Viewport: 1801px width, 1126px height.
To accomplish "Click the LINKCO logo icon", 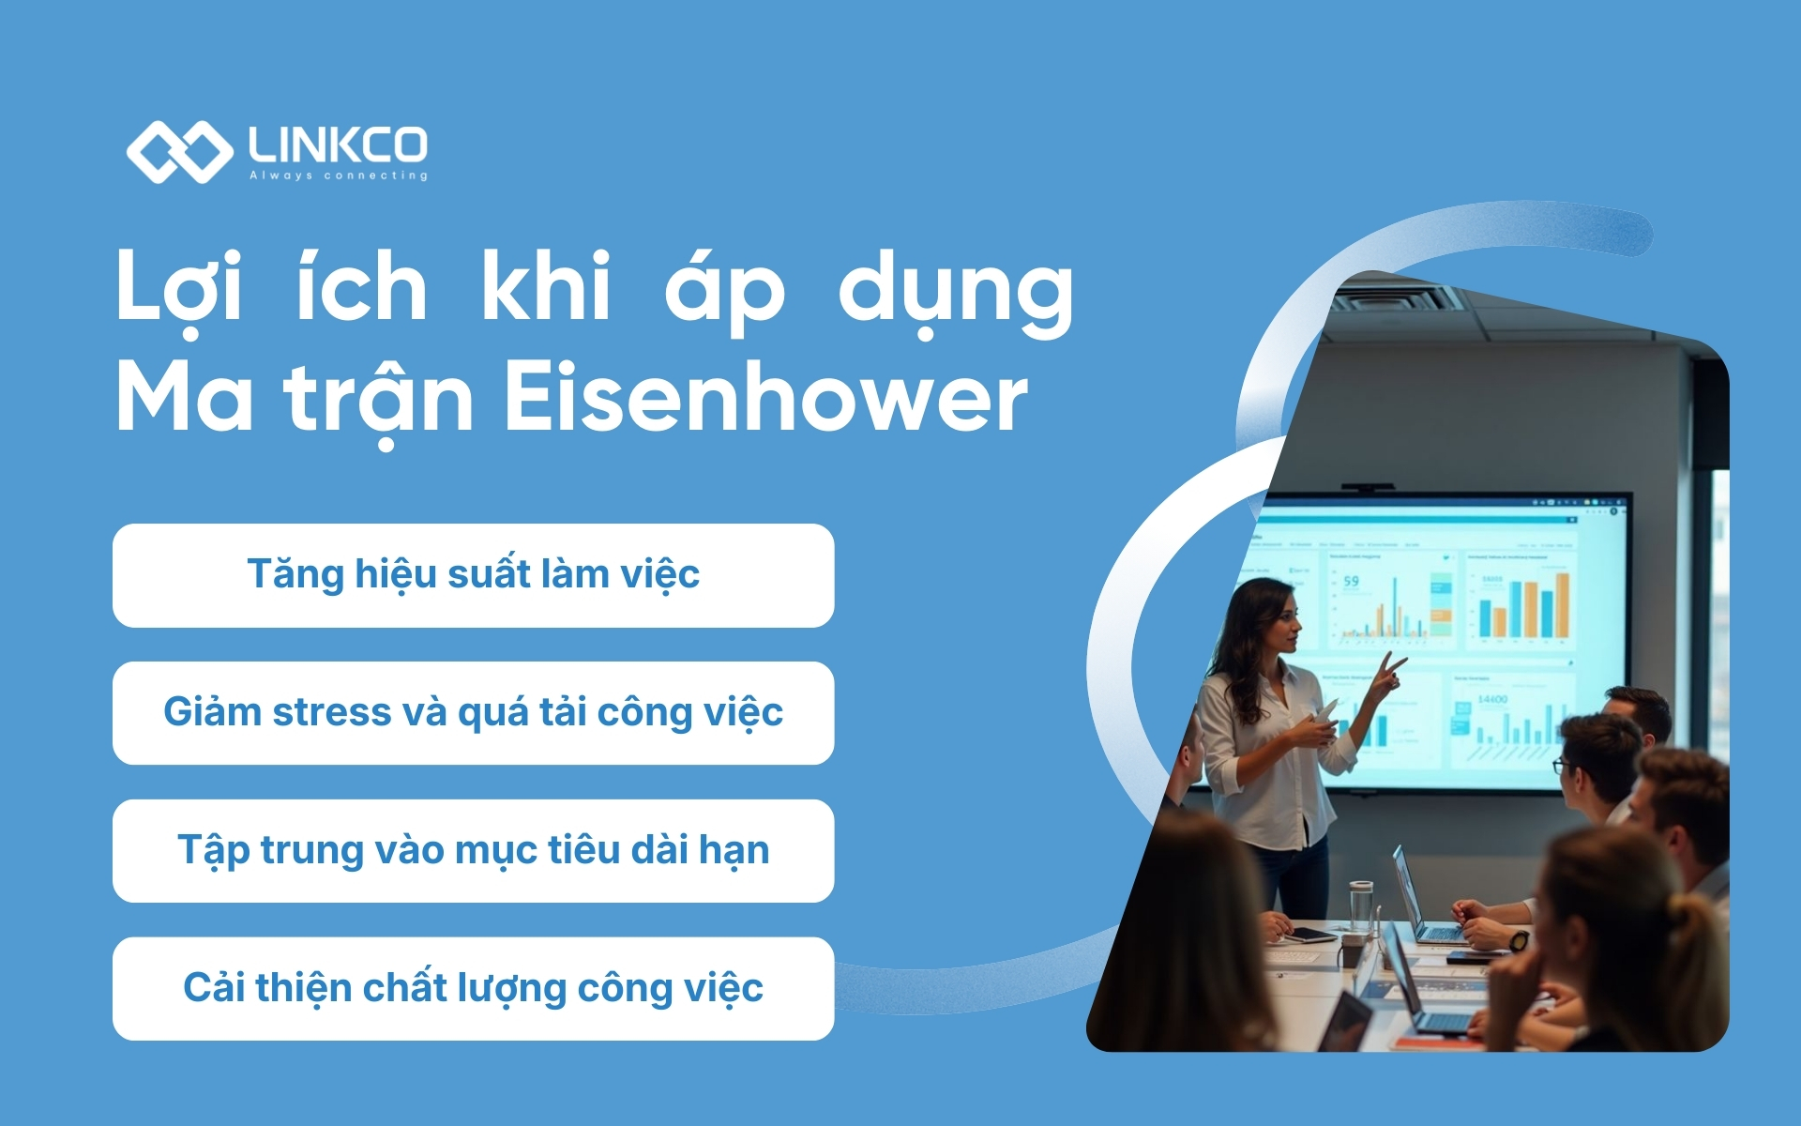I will pos(178,152).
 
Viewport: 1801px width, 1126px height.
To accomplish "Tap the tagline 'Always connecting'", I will pos(338,175).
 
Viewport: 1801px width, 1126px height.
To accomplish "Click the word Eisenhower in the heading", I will pos(765,399).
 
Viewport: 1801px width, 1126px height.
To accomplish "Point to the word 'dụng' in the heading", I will pos(955,291).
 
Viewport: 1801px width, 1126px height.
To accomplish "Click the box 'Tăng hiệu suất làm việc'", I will pos(473,575).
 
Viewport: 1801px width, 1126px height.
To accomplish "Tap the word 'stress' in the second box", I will pos(331,712).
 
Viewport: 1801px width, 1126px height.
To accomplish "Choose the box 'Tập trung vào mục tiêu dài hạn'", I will pos(473,851).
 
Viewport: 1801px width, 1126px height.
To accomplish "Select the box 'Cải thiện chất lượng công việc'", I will pos(473,988).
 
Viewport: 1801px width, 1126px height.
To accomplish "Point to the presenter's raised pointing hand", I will pos(1388,671).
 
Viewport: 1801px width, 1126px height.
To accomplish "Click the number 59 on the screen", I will pos(1351,582).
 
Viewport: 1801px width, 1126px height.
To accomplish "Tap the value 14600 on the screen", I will pos(1491,699).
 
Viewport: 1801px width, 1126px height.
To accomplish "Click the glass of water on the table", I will pos(1360,905).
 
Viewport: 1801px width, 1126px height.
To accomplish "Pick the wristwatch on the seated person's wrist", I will pos(1519,939).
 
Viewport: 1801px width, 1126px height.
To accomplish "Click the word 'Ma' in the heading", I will pos(184,399).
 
